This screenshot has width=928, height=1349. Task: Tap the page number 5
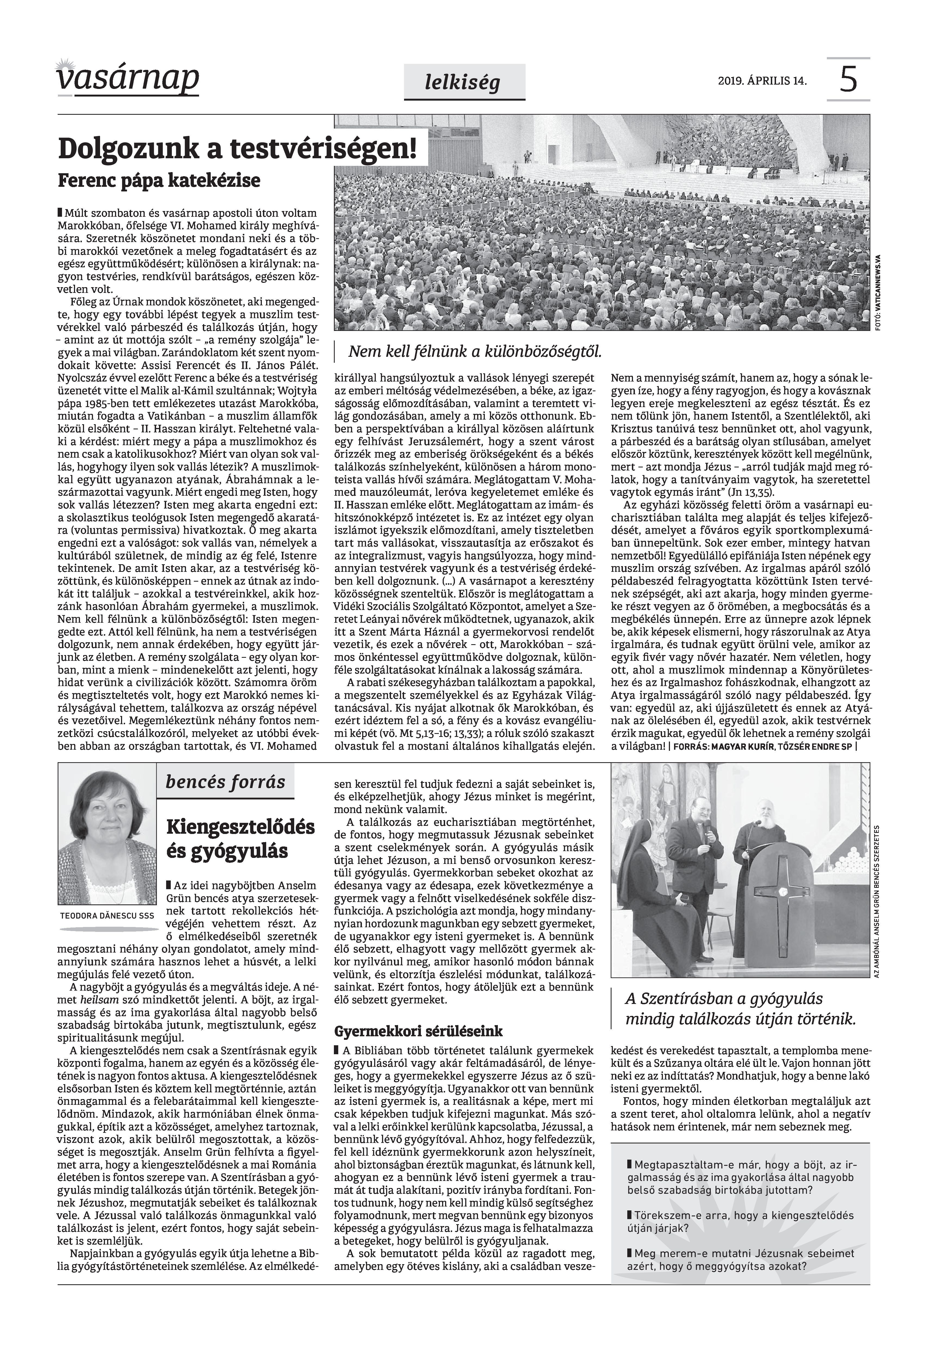click(x=848, y=80)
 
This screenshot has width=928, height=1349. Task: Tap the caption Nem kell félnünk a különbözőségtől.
click(x=474, y=351)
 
